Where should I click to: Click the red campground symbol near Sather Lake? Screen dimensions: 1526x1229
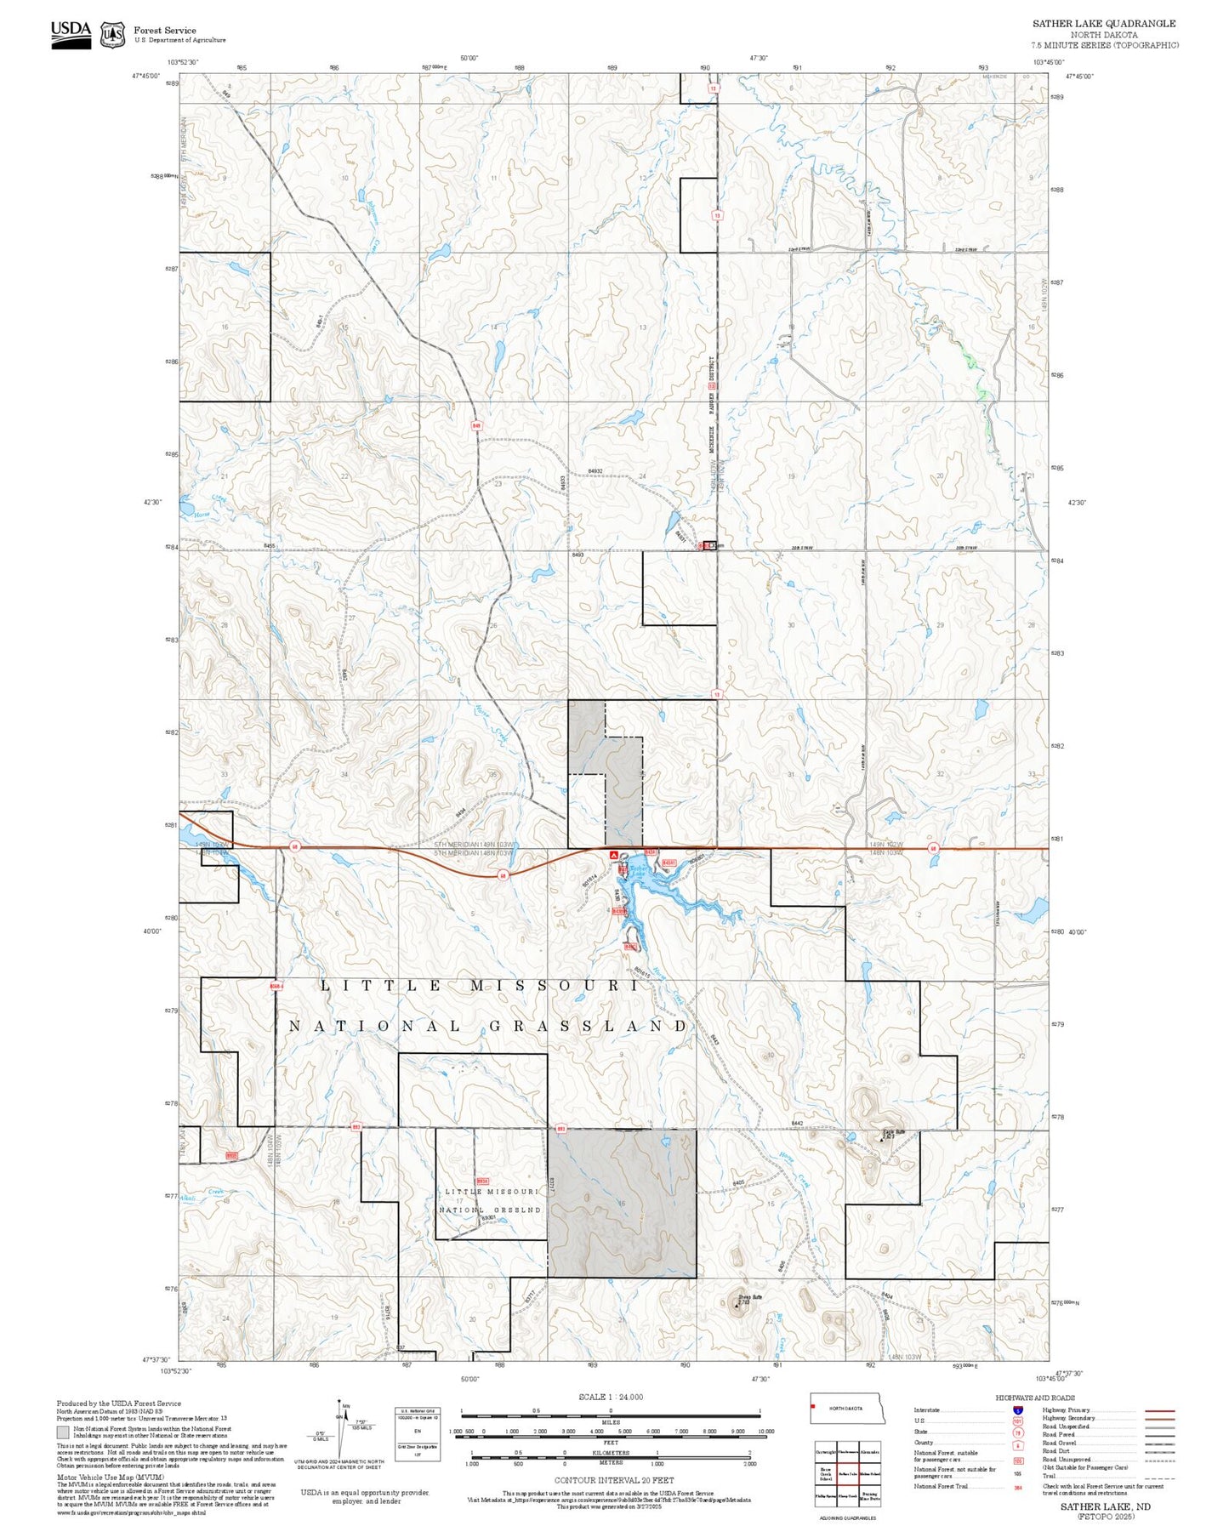click(x=614, y=853)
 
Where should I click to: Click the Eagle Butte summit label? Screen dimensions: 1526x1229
click(x=892, y=1132)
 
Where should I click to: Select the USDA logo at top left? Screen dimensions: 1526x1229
click(x=71, y=33)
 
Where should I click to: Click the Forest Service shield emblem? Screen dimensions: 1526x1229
click(x=112, y=35)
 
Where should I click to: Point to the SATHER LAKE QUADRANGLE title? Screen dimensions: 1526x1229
click(x=1104, y=24)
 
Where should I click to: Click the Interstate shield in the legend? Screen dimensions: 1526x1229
click(x=1018, y=1410)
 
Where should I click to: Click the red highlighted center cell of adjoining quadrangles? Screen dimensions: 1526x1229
click(x=847, y=1473)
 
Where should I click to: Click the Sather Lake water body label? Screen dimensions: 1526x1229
click(x=636, y=871)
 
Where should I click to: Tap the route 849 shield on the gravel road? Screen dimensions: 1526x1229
click(x=476, y=425)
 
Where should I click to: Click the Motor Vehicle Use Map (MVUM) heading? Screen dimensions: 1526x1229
click(x=98, y=1478)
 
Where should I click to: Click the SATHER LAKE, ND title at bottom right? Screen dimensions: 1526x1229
click(x=1105, y=1506)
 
